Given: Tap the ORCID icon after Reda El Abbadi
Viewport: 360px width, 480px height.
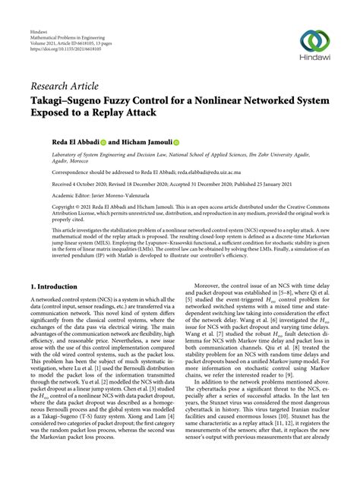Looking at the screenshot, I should tap(94, 141).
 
